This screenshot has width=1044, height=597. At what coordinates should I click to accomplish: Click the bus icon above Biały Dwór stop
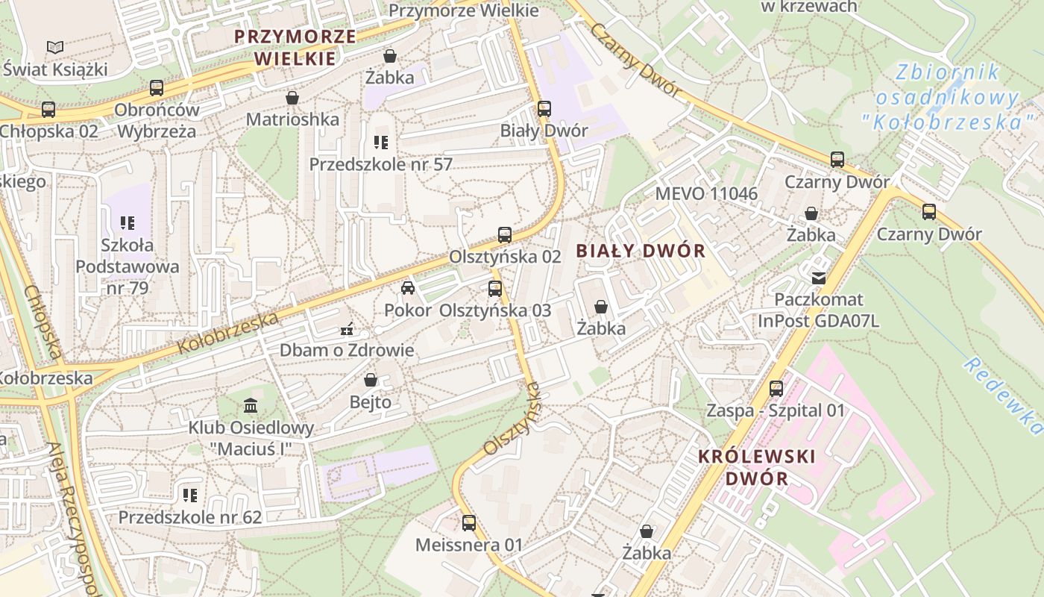(544, 109)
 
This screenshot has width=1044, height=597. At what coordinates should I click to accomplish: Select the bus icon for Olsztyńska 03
(495, 289)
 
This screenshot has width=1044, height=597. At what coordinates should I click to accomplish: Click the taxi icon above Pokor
(407, 288)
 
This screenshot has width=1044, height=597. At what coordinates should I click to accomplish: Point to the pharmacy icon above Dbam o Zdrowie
(346, 328)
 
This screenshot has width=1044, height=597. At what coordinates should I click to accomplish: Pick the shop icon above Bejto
(371, 381)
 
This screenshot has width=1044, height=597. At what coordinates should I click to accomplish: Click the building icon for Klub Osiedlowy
(251, 407)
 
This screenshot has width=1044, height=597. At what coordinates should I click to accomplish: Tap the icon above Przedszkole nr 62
(190, 495)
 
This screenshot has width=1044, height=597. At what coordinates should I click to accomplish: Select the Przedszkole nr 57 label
(381, 164)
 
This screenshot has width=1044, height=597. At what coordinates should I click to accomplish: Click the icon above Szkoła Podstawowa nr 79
(127, 222)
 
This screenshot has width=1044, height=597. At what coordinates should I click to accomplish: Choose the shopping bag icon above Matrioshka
(292, 98)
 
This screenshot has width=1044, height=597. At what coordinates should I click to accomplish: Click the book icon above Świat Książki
(55, 48)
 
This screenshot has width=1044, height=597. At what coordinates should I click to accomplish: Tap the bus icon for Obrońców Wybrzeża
(157, 88)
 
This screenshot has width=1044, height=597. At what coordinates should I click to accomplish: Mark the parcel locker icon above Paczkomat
(819, 278)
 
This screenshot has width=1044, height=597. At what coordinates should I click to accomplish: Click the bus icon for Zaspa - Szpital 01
(776, 389)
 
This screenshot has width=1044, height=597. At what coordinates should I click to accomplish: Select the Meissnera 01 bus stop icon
(469, 523)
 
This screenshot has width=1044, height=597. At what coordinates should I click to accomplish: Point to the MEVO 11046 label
(706, 194)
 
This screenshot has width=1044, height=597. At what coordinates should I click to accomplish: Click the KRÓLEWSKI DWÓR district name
(757, 467)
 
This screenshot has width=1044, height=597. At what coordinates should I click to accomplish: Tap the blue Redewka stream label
(1004, 396)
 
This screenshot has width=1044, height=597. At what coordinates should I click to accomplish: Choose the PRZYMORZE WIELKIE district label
(295, 47)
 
